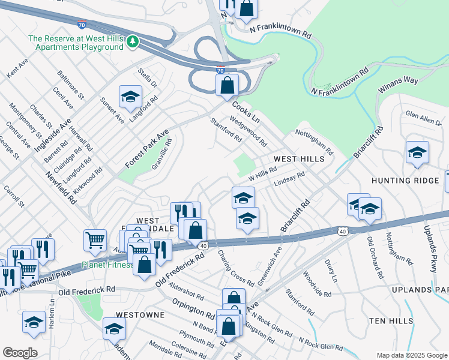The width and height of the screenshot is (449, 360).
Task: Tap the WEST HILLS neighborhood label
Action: pos(299,159)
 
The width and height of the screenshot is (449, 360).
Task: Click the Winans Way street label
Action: pos(397,83)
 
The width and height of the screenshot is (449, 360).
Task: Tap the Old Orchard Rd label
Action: pos(375,257)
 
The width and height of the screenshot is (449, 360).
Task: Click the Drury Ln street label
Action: pos(330,271)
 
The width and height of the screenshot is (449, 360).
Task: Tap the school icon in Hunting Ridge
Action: pos(417,153)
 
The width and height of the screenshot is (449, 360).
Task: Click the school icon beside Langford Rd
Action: pos(130,96)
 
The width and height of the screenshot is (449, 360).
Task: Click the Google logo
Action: pos(20,353)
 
